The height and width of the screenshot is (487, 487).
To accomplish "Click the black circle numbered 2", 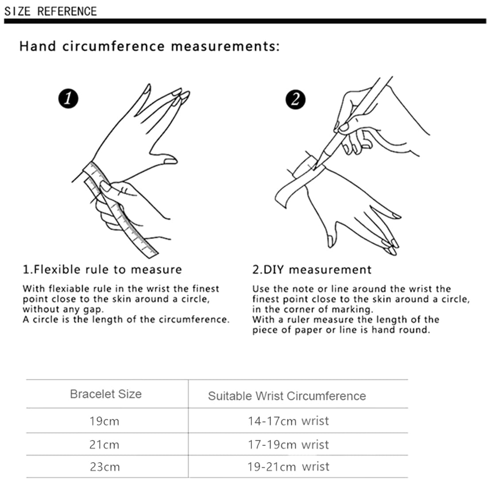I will pos(295,98).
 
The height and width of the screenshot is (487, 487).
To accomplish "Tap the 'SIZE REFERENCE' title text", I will pos(50,11).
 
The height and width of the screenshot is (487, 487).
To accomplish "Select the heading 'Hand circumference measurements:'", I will pos(149,46).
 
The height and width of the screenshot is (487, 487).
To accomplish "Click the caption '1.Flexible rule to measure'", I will pos(102,270).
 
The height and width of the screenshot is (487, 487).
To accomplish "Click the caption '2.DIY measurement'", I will pos(312,270).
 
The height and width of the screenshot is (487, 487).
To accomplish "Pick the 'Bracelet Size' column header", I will pos(106,394).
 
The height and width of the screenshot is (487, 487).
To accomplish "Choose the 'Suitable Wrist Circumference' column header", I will pos(287,396).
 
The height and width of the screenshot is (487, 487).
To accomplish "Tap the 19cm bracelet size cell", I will pos(104,421).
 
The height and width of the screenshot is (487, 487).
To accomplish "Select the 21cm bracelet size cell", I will pos(104,444).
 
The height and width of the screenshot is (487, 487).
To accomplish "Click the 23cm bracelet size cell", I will pos(104,467).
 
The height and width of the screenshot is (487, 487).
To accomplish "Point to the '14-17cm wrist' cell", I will pos(288,421).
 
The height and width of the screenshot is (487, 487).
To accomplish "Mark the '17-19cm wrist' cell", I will pos(288,444).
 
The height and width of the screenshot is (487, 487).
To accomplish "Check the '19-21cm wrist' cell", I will pos(288,467).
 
